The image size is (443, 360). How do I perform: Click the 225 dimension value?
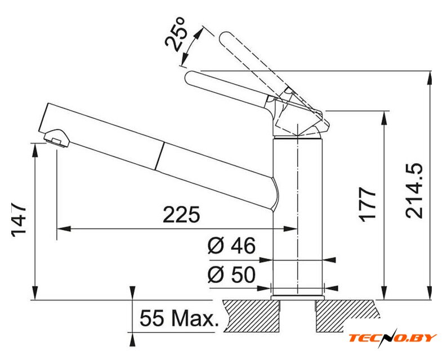[x=181, y=215]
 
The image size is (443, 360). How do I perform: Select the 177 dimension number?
[x=368, y=204]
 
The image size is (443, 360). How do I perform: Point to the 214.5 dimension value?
[x=414, y=190]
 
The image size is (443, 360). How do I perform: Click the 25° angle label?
[x=175, y=34]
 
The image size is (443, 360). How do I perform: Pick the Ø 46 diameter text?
[x=231, y=245]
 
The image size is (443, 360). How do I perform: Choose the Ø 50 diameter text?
[x=231, y=274]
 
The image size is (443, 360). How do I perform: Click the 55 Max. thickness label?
[x=180, y=318]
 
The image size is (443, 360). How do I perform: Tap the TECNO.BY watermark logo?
[x=392, y=337]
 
